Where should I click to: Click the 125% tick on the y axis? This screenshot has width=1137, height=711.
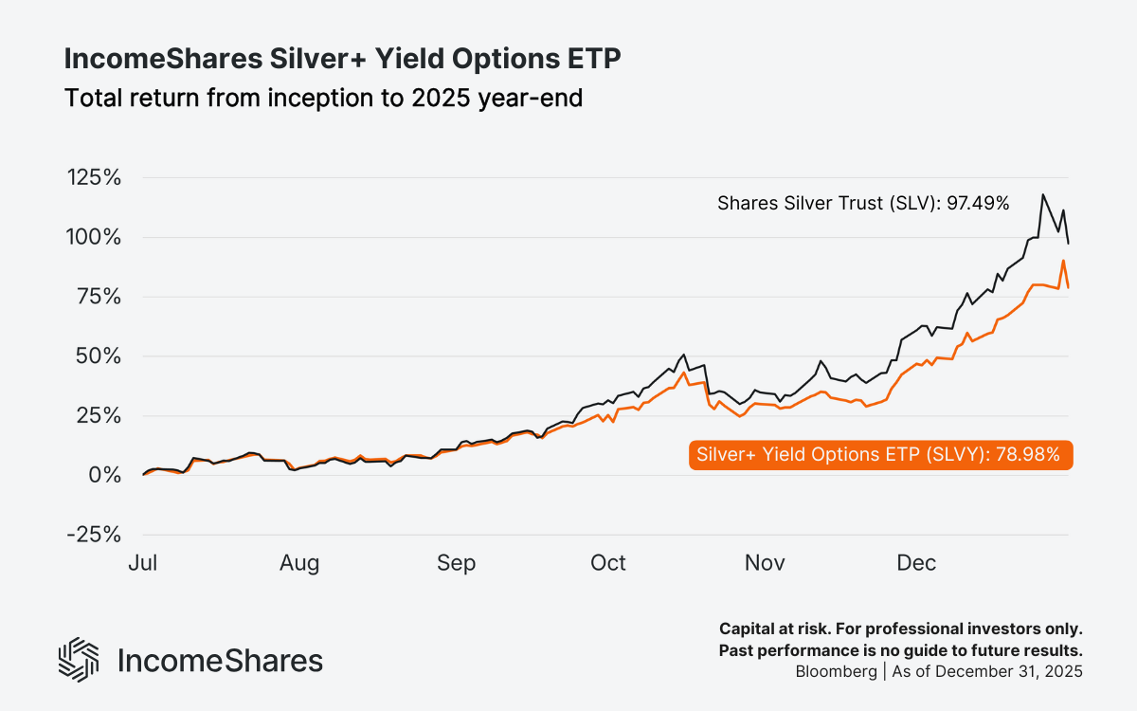[x=94, y=178]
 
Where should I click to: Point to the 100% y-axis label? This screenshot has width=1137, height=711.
[x=94, y=237]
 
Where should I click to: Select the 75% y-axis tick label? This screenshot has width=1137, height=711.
[x=99, y=297]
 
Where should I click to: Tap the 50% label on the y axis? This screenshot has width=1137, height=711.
[x=99, y=356]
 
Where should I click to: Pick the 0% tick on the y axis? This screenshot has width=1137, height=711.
[x=106, y=475]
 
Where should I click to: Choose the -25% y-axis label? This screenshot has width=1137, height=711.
[x=94, y=535]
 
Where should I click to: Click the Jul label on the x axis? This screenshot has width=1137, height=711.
[x=142, y=563]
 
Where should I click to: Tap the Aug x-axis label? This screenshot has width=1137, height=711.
[x=299, y=563]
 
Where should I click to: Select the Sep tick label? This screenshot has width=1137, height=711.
[x=456, y=563]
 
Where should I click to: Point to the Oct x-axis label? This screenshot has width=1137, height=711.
[x=607, y=563]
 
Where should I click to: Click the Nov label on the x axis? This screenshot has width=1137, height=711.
[x=765, y=563]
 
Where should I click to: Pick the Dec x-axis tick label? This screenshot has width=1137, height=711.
[x=916, y=563]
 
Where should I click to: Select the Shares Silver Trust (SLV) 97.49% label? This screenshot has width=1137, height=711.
[x=862, y=203]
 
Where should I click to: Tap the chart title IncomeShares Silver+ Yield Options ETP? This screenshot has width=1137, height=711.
[x=342, y=59]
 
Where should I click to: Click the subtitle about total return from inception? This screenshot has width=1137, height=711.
[x=323, y=97]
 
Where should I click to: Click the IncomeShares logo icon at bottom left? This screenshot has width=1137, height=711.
[x=79, y=659]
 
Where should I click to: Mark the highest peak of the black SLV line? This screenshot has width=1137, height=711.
[x=1043, y=194]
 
